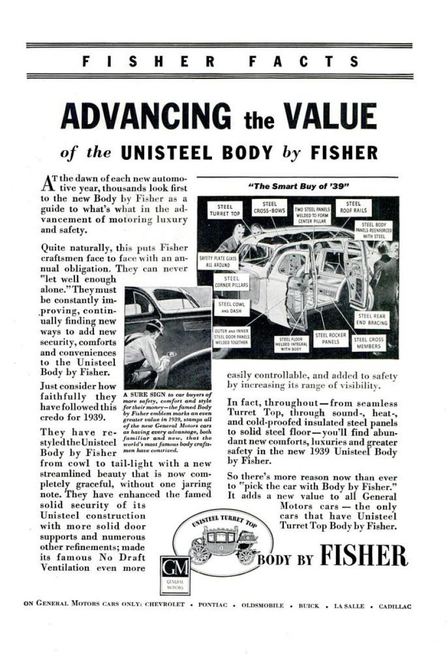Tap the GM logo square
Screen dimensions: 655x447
tap(175, 569)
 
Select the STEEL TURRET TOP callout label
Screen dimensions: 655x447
tap(225, 210)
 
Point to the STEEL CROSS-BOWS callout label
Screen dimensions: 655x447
tap(270, 207)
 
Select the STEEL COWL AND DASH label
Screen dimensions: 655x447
tap(232, 307)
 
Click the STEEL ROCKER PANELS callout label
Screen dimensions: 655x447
tap(331, 339)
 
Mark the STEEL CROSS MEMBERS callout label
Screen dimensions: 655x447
tap(369, 342)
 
